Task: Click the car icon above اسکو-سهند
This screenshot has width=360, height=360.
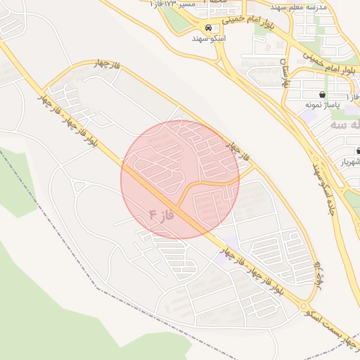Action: tap(207, 27)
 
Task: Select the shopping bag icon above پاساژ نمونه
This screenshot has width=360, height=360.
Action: tap(322, 94)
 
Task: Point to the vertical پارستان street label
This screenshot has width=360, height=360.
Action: tap(283, 75)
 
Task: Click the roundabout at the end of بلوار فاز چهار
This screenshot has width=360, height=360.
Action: tap(304, 306)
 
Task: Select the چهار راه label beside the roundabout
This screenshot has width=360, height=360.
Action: tap(319, 274)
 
